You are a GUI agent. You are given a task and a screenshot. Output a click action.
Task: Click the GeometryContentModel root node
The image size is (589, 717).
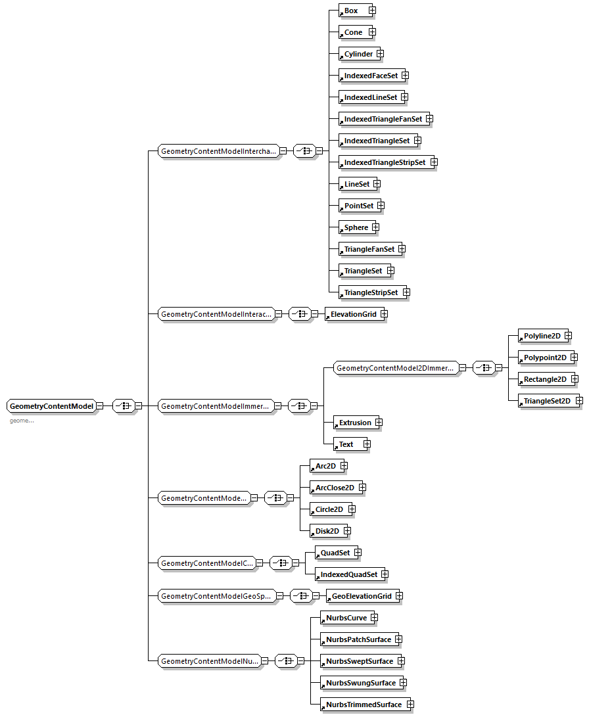point(51,406)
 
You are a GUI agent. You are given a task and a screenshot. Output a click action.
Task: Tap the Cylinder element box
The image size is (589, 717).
point(358,54)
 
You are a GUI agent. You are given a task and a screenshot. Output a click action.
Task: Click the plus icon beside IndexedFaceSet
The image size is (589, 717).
point(405,76)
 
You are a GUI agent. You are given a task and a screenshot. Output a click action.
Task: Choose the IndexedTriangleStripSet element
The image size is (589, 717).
point(384,162)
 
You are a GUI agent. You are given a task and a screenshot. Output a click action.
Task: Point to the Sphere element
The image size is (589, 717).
point(356,227)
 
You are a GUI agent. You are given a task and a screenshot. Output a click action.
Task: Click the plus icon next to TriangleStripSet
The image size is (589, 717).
point(406,292)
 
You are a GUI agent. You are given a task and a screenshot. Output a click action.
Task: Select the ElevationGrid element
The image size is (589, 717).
point(353,314)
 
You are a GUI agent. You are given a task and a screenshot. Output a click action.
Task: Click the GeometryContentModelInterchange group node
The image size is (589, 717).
point(218,151)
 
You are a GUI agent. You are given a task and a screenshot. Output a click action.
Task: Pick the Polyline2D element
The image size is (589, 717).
point(542,336)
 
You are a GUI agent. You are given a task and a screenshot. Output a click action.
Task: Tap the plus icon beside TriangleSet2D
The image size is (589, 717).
point(579,400)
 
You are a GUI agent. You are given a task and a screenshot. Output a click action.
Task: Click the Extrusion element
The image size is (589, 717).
point(354,423)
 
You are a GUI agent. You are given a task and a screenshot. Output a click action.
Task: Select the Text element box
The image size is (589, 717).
point(347,444)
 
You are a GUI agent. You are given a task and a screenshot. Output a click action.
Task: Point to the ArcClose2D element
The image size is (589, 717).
point(334,488)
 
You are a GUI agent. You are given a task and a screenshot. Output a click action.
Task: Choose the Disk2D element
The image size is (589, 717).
point(327,531)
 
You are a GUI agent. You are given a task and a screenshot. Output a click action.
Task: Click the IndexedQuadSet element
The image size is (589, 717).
point(348,574)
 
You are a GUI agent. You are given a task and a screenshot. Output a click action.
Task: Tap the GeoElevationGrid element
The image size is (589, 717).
point(360,596)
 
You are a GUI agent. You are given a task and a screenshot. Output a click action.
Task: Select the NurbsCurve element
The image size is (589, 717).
point(346,618)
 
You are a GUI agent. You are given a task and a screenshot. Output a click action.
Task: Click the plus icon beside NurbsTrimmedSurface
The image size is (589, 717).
point(410,705)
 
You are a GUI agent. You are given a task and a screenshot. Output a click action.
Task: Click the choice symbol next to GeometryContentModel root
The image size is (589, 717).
point(123,406)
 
